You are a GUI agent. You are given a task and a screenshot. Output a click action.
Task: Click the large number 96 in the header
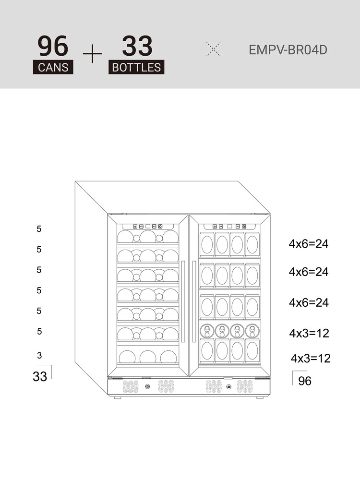coord(53,46)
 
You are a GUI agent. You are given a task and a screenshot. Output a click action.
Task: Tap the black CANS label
coord(53,67)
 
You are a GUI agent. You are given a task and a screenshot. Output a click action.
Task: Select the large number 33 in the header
coord(137,46)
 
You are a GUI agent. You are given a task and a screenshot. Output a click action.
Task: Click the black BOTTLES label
coord(136,67)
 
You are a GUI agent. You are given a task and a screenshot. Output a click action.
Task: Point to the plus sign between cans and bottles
coord(92,54)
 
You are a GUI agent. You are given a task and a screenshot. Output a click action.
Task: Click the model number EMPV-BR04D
coord(288,50)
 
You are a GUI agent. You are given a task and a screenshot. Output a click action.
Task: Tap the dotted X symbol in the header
coord(213,49)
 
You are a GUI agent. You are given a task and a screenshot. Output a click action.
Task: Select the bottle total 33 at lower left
coord(40,376)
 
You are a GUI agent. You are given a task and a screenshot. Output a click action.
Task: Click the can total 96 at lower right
coord(305,381)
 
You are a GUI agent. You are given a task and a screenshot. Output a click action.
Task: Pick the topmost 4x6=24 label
coord(309,244)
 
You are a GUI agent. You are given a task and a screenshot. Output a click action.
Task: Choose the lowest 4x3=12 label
coord(311,358)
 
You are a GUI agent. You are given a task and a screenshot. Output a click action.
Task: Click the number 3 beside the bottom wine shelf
coord(39,355)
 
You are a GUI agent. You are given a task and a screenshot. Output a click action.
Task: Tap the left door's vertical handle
coord(183,301)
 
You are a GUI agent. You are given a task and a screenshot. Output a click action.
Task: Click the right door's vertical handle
coord(194,301)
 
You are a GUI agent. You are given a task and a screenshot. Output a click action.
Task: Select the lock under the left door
coord(147,386)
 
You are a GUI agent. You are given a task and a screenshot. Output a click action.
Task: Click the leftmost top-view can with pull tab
coord(207,331)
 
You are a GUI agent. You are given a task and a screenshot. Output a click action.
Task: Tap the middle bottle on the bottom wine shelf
coord(148,357)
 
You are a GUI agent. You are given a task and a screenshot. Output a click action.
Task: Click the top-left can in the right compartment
coord(207,244)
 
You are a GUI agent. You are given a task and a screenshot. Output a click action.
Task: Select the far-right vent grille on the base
coord(245,386)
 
